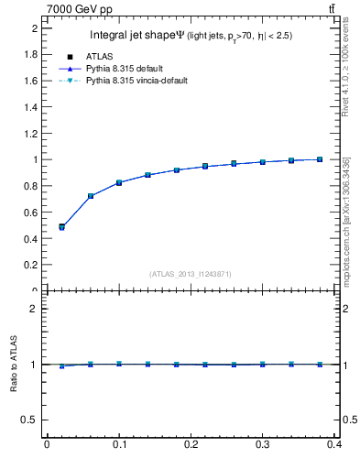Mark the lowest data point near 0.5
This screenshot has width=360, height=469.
pos(61,226)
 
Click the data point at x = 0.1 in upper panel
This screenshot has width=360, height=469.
pos(119,182)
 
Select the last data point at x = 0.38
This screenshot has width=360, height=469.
pos(320,159)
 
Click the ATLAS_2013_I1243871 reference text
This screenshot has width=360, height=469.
pos(191,273)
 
